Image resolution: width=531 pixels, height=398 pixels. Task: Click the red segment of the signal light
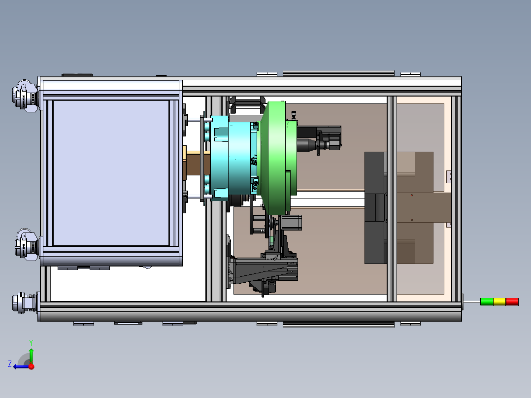pyautogui.click(x=512, y=301)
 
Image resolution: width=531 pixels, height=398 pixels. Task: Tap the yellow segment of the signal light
pyautogui.click(x=499, y=301)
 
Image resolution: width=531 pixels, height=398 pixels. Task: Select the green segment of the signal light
pyautogui.click(x=487, y=301)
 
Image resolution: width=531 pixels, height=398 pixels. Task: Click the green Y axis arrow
pyautogui.click(x=31, y=356)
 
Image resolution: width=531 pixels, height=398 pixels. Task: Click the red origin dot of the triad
pyautogui.click(x=32, y=366)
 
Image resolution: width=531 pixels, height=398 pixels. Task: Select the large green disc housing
pyautogui.click(x=277, y=158)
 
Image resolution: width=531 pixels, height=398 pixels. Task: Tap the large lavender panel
pyautogui.click(x=111, y=173)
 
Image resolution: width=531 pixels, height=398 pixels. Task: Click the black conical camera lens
pyautogui.click(x=307, y=145)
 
